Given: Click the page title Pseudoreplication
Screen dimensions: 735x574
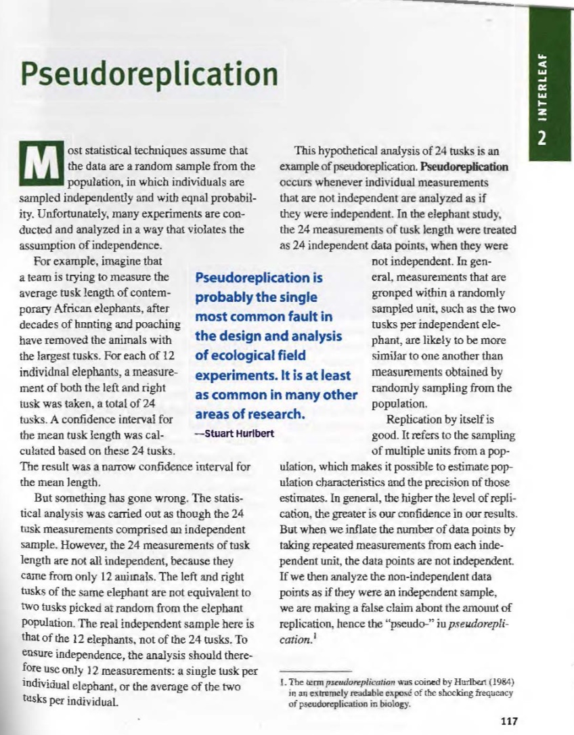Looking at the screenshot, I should pos(150,72).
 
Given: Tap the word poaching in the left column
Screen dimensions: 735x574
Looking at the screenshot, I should pos(156,326).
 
